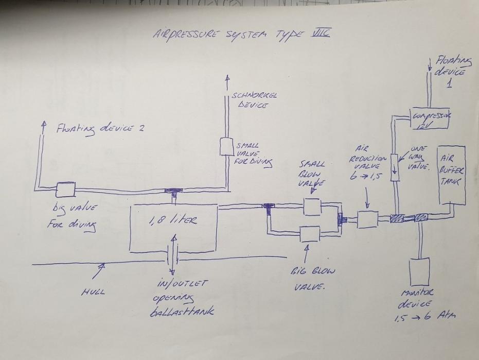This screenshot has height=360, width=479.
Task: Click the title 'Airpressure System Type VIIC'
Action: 241,35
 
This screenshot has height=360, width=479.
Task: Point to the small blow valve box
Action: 312,206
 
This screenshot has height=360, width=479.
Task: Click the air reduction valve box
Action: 367,219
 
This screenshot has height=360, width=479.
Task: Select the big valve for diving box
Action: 65,190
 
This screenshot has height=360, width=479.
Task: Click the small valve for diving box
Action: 227,146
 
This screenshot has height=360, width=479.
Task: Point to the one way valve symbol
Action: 395,167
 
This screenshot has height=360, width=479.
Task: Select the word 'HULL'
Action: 93,292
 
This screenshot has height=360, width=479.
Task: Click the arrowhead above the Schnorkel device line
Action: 227,79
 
